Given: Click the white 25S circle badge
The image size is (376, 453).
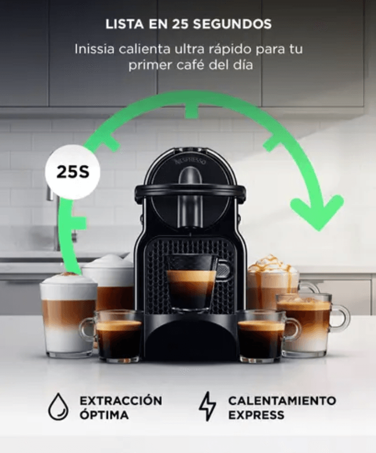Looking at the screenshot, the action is [x=72, y=172].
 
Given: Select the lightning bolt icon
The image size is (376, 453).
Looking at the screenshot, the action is [x=207, y=406].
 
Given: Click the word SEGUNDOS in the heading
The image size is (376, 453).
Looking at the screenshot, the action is [x=232, y=24].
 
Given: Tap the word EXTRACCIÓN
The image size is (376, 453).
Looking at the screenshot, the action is [x=121, y=401].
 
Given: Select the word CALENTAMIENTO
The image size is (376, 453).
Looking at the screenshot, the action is [x=282, y=401].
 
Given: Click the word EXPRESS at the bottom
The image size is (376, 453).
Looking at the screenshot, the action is [x=256, y=415].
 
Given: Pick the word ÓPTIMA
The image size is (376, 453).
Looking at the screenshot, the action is [x=104, y=414].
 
